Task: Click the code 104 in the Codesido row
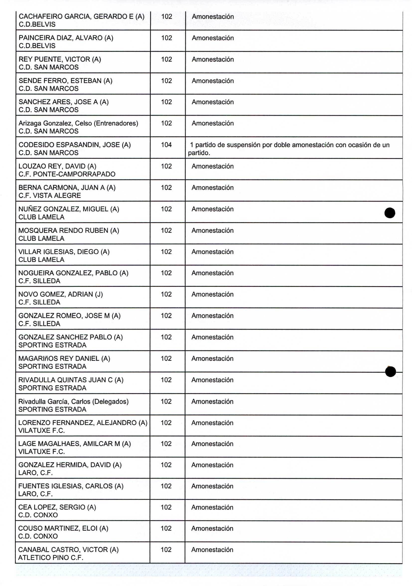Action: tap(166, 145)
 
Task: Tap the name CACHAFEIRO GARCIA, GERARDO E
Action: tap(76, 17)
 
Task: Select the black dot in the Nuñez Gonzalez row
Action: tap(390, 213)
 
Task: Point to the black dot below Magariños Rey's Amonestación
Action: tap(390, 371)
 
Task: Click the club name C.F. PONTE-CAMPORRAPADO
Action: tap(67, 174)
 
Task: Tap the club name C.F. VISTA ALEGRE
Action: tap(50, 195)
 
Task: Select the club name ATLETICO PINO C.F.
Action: tap(51, 558)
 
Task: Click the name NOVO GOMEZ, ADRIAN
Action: tap(55, 294)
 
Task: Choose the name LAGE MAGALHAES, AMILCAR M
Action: tap(69, 444)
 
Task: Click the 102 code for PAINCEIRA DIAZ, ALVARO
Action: tap(166, 38)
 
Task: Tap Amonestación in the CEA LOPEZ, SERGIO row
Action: tap(212, 507)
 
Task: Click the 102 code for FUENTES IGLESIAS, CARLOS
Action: tap(166, 486)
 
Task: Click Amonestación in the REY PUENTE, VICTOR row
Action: tap(212, 59)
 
